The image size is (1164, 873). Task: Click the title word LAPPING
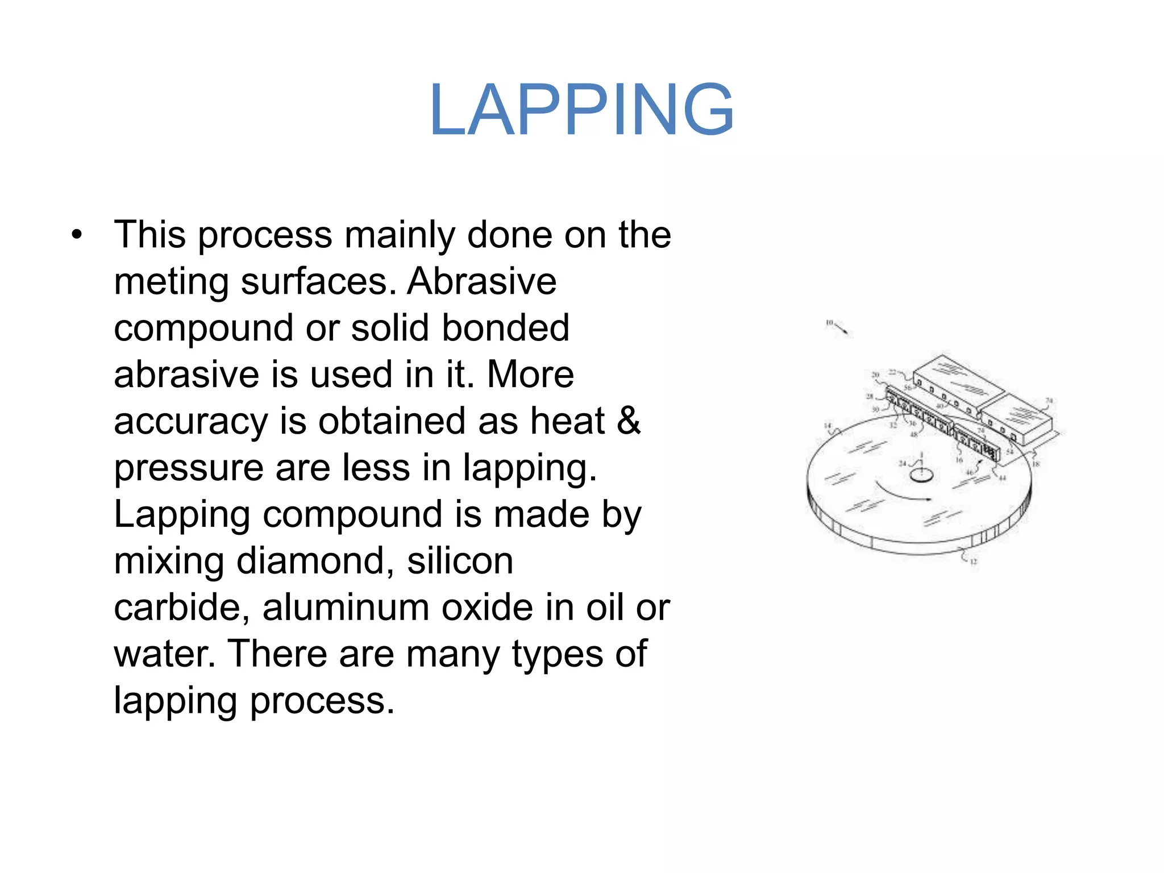(581, 110)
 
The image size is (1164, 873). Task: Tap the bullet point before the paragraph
(77, 235)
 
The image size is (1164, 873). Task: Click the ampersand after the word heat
(629, 421)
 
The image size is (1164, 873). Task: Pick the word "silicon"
(460, 562)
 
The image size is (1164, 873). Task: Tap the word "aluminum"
(346, 608)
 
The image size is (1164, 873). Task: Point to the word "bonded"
(505, 328)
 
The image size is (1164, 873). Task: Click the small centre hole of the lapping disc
(921, 475)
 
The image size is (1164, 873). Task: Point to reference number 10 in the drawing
(829, 323)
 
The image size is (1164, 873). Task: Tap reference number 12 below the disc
(974, 562)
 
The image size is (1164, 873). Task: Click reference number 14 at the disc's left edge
(828, 425)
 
